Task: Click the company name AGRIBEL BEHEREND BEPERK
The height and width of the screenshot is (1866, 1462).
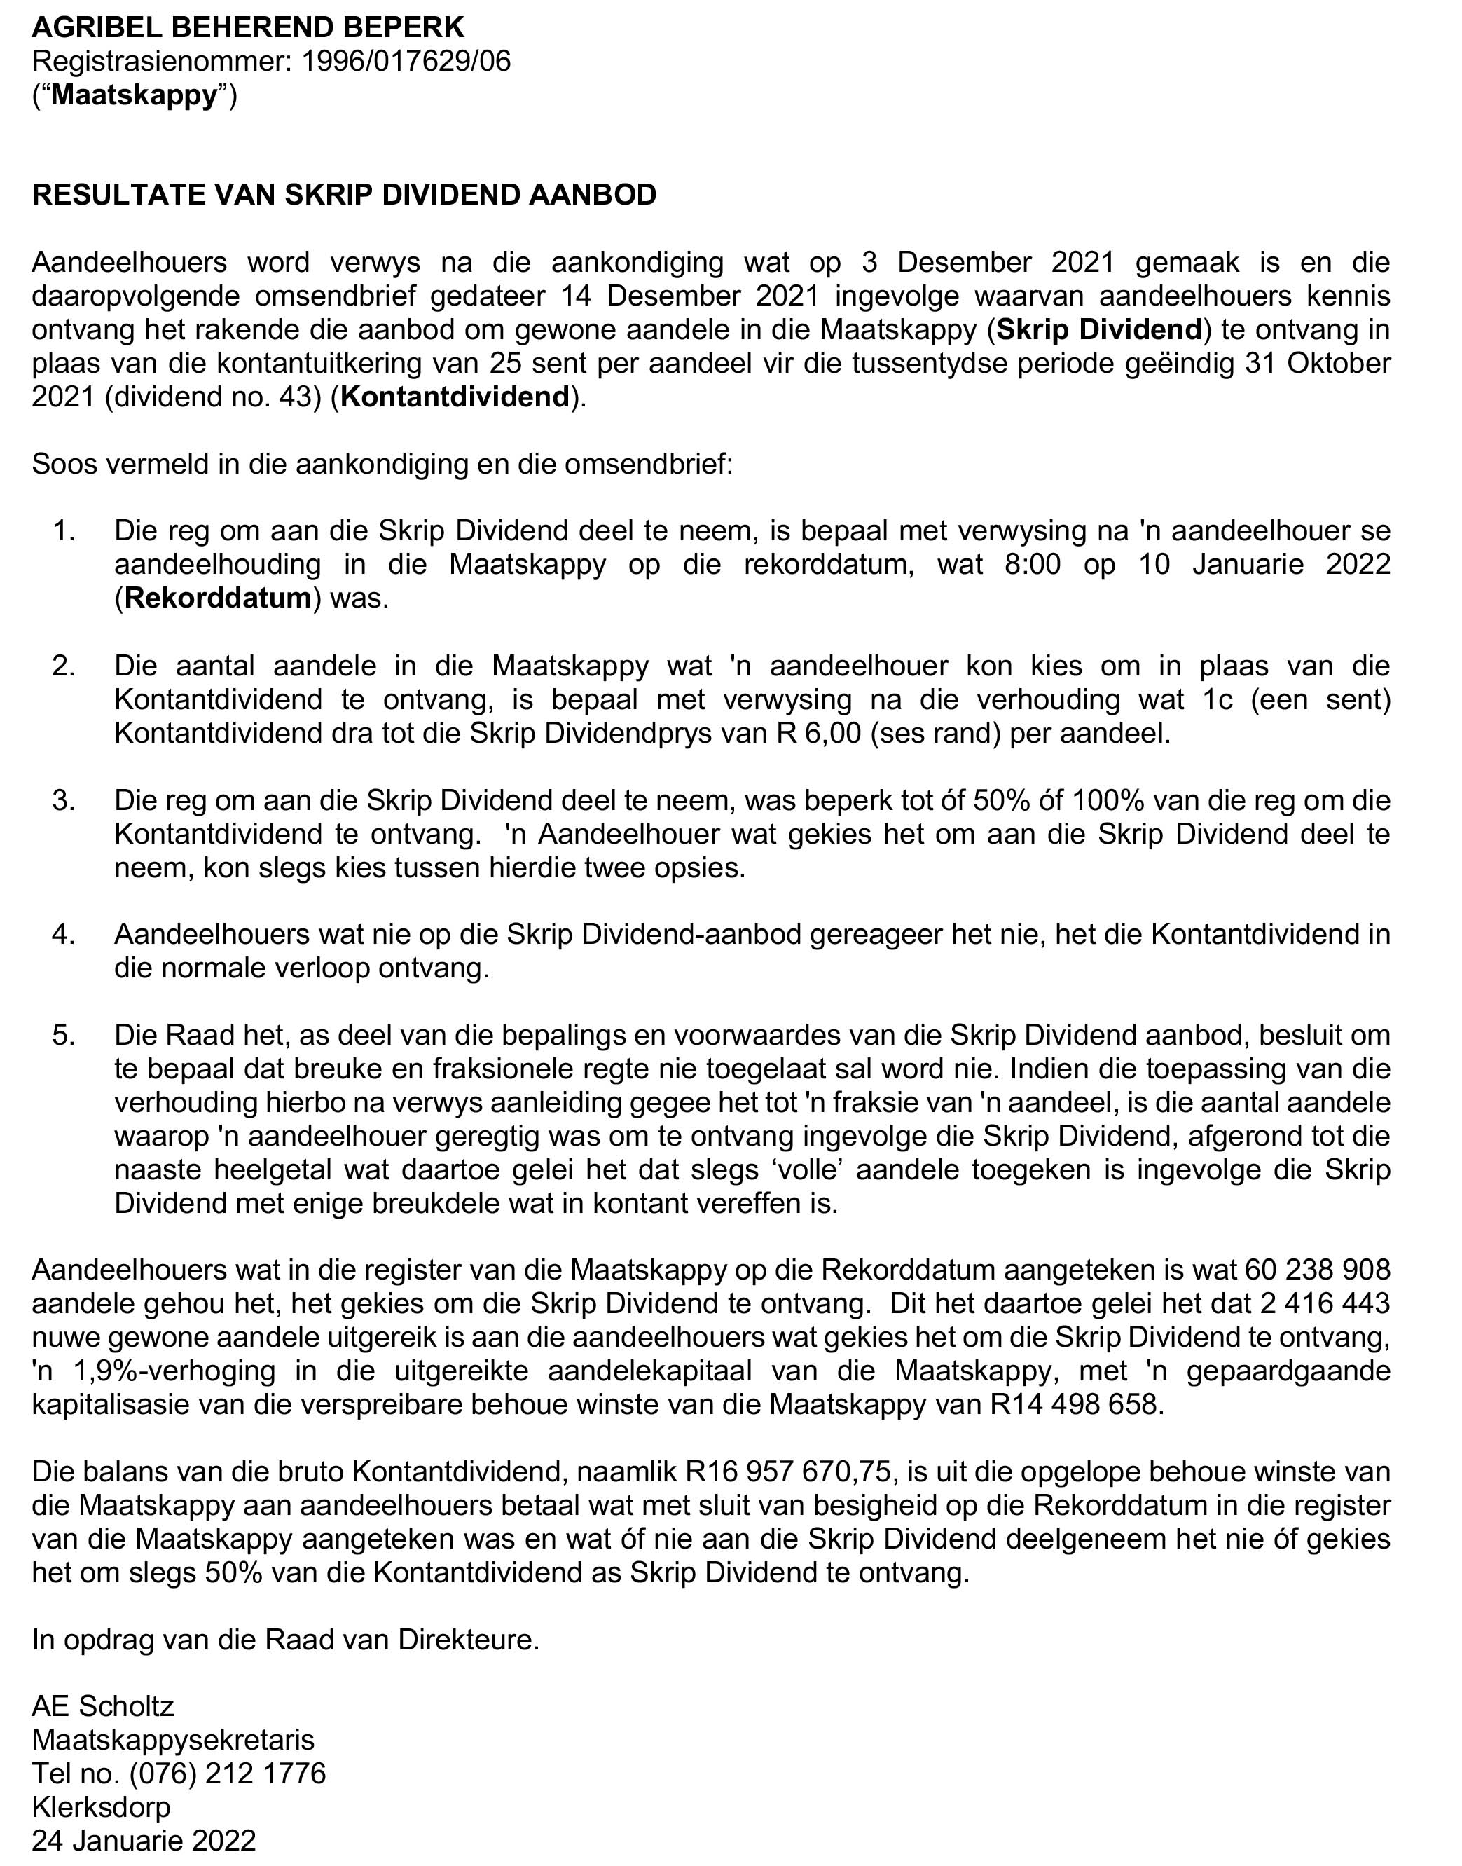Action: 248,28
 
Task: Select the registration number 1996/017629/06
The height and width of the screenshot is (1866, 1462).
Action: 406,62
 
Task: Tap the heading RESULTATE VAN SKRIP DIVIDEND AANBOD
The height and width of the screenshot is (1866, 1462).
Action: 344,195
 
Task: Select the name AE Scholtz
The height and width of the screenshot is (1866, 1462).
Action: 103,1706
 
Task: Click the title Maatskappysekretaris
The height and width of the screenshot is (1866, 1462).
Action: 173,1739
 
